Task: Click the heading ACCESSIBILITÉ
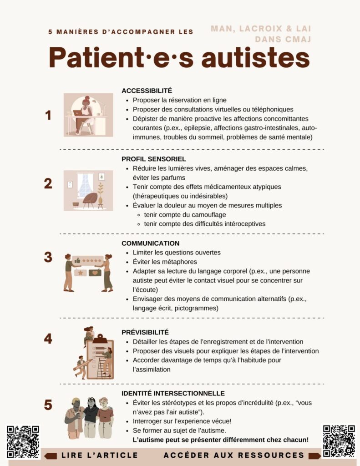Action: tap(147, 91)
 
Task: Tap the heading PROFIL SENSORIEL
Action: tap(154, 159)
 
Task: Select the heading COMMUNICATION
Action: tap(151, 243)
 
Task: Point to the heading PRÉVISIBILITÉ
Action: tap(145, 332)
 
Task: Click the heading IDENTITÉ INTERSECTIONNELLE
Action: tap(173, 393)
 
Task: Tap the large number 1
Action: tap(48, 115)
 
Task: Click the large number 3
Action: tap(48, 257)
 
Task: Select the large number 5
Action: tap(48, 405)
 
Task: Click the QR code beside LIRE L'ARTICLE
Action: tap(23, 441)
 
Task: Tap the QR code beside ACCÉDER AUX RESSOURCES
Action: tap(339, 441)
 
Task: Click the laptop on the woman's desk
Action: tap(77, 113)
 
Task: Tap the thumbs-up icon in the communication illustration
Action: tap(77, 261)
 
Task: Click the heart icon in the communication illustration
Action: tap(95, 273)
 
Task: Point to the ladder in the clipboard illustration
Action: tap(102, 368)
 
